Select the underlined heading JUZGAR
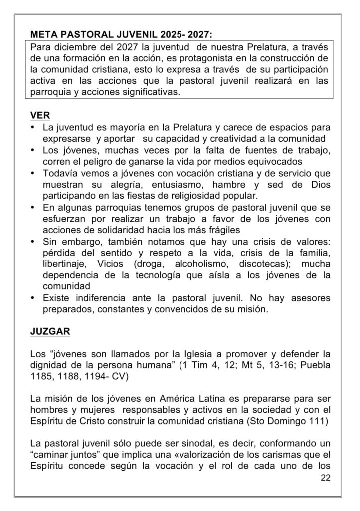[x=50, y=331]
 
